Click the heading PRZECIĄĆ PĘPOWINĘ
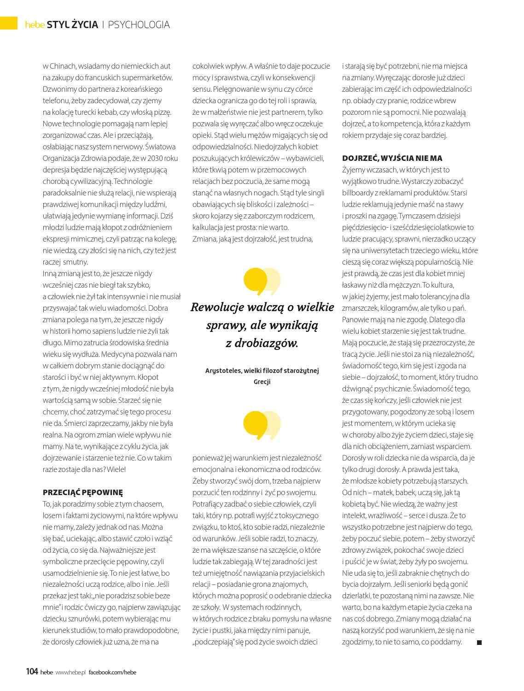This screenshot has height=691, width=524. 83,492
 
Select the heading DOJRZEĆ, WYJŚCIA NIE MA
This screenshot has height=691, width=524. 392,158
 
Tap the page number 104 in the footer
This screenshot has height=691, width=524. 31,672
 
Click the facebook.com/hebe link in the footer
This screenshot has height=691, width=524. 112,672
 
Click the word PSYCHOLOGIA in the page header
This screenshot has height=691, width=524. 139,25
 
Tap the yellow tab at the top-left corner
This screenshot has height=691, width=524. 8,23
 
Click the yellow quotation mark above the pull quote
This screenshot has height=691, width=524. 262,281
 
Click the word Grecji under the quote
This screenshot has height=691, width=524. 262,382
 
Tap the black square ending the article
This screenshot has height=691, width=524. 479,643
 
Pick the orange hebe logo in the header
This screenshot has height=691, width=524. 35,25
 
